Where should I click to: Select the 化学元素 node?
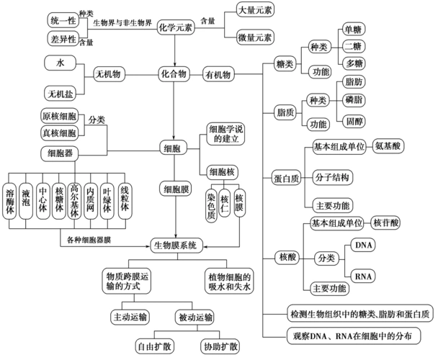click(x=177, y=27)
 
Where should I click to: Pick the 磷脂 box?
click(x=354, y=99)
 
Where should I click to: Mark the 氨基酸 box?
click(x=388, y=145)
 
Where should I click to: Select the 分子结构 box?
click(x=332, y=176)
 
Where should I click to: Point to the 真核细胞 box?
click(x=60, y=132)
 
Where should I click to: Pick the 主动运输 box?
click(x=130, y=316)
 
